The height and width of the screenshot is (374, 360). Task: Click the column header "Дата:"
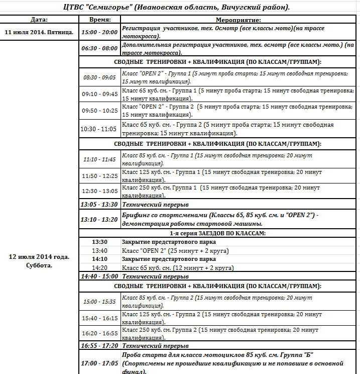click(39, 20)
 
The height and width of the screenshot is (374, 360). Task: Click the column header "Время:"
click(99, 20)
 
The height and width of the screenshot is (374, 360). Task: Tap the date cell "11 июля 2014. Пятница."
click(39, 32)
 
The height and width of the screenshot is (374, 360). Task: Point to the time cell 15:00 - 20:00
click(99, 32)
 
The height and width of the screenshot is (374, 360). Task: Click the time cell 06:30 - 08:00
click(99, 49)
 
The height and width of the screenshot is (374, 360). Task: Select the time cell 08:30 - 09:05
click(99, 77)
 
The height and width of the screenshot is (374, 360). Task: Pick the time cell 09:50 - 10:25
click(99, 111)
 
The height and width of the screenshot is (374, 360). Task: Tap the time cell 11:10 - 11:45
click(99, 159)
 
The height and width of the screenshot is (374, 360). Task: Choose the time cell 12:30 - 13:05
click(99, 192)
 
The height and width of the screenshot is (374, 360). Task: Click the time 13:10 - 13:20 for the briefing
click(99, 219)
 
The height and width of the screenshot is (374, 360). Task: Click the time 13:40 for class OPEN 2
click(99, 250)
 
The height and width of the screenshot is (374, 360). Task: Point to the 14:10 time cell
click(99, 259)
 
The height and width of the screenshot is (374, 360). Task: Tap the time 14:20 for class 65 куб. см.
click(99, 268)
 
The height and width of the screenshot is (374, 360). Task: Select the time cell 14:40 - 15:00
click(99, 276)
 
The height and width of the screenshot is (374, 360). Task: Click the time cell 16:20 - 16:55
click(99, 333)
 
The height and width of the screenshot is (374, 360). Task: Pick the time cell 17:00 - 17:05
click(99, 363)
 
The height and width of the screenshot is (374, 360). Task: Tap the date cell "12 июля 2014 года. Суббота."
click(39, 261)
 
